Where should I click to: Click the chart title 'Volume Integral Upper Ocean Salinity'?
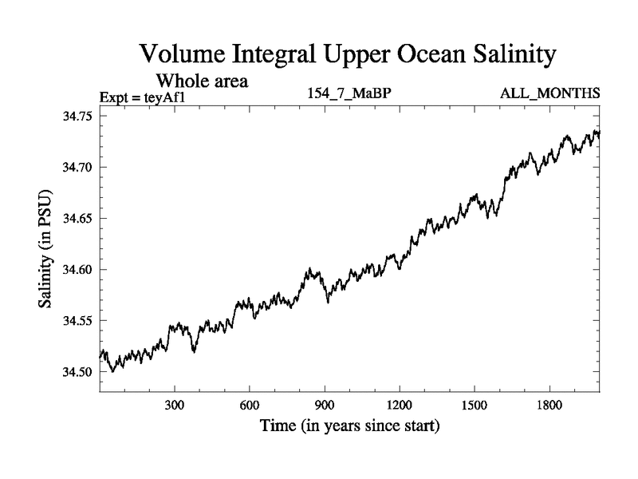tap(346, 55)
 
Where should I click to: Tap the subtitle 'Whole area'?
tap(202, 81)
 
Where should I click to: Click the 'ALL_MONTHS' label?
tap(549, 94)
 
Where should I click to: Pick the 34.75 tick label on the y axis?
tap(77, 117)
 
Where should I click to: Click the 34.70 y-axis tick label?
tap(77, 168)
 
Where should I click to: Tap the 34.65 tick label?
tap(77, 219)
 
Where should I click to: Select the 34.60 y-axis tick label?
tap(77, 270)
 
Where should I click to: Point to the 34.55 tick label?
tap(77, 321)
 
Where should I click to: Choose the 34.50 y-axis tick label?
tap(77, 372)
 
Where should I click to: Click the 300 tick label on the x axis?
tap(175, 406)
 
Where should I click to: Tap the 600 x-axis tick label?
tap(250, 406)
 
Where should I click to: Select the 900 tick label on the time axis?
tap(325, 406)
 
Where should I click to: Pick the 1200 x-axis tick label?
tap(399, 406)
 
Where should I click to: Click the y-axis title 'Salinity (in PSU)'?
tap(45, 251)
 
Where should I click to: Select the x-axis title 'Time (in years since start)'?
tap(349, 427)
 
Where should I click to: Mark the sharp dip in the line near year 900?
tap(328, 300)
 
